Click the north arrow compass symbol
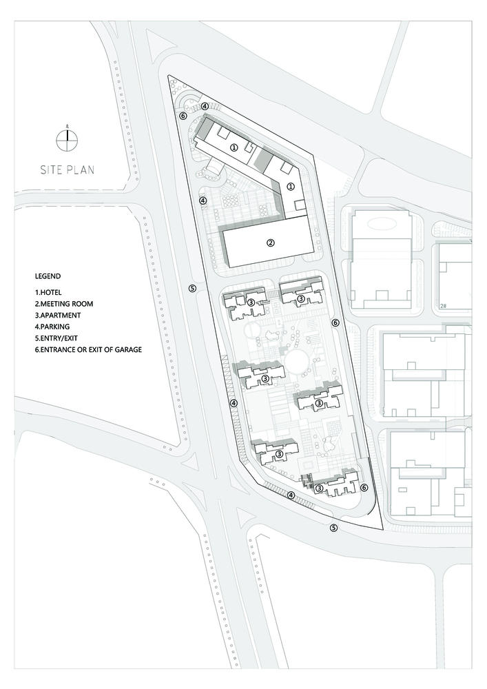[x=68, y=140]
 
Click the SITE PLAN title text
[x=68, y=169]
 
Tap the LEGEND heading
[x=48, y=276]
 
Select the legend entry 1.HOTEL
[x=48, y=292]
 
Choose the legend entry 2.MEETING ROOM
[x=64, y=304]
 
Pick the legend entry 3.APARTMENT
[x=58, y=315]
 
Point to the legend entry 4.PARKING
[x=52, y=327]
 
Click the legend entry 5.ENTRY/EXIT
[x=56, y=338]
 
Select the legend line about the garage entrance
[x=88, y=350]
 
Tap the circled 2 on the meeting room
[x=271, y=242]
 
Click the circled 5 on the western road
[x=192, y=288]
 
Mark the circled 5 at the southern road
[x=334, y=528]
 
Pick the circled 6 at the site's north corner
[x=183, y=116]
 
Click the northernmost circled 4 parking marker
[x=205, y=106]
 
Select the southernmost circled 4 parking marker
[x=291, y=495]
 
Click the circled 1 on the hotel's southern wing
[x=290, y=187]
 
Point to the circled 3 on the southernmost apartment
[x=320, y=488]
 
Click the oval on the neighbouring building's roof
[x=380, y=223]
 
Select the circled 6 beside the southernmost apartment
[x=364, y=487]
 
